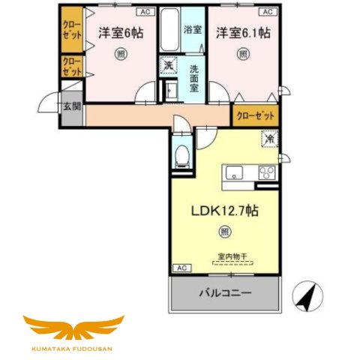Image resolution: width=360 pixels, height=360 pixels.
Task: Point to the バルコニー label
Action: pos(224,292)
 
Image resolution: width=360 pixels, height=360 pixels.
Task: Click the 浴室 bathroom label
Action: pos(193,30)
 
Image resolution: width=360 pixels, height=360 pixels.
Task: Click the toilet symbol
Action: pos(181,155)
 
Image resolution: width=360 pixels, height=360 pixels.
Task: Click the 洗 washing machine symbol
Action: pos(168,66)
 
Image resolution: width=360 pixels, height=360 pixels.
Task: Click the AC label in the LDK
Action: pos(180,268)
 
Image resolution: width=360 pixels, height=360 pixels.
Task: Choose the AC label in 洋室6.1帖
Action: pos(266,12)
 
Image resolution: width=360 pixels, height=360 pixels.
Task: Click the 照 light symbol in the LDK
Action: pos(223,232)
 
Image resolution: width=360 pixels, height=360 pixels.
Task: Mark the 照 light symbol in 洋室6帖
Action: pos(120,54)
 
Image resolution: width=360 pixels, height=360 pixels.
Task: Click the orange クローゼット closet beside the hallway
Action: pos(255,116)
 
